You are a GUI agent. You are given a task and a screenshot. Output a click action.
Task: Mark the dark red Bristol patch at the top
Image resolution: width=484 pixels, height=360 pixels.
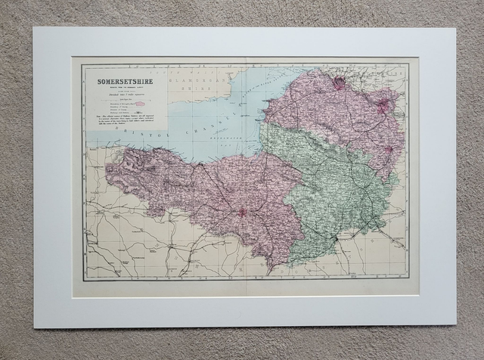click(x=339, y=83)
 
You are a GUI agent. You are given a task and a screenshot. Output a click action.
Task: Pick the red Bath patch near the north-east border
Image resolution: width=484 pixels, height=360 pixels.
click(x=384, y=107)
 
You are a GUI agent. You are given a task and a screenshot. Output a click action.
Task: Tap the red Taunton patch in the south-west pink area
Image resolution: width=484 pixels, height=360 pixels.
click(x=243, y=213)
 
